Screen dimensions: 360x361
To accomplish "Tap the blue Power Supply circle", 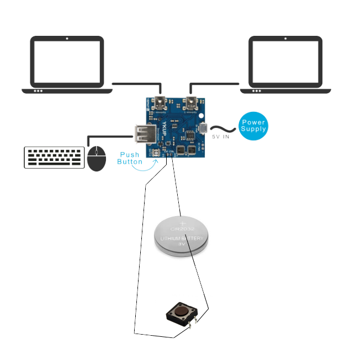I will (x=253, y=126).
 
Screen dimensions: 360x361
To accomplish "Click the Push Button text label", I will (x=130, y=158).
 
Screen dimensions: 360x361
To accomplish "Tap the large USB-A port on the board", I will (x=141, y=134).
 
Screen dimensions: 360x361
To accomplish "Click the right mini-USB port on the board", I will (x=192, y=101).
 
